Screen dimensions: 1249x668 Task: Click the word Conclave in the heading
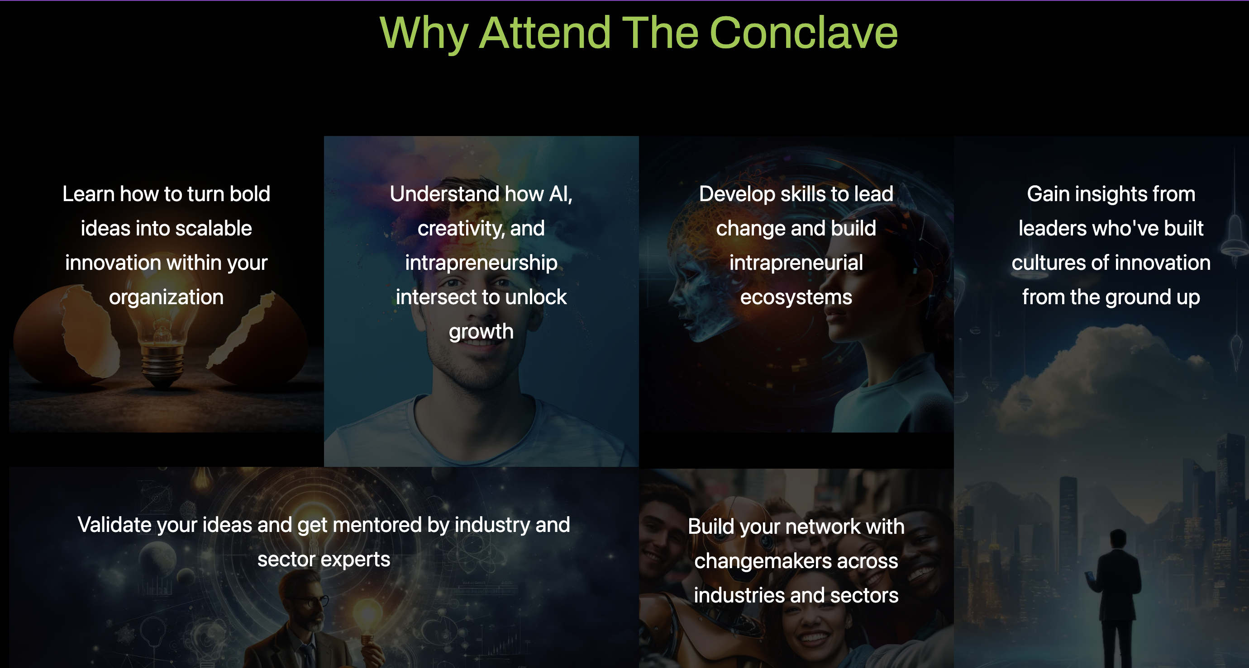(803, 33)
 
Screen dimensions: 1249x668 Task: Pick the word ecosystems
(796, 297)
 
